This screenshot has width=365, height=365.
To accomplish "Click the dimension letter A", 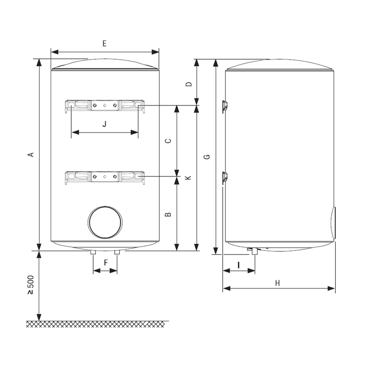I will (x=30, y=155).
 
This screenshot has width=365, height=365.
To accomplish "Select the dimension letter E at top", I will (x=104, y=43).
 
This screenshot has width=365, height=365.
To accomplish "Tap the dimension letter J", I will (x=104, y=124).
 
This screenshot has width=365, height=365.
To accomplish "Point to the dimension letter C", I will (x=169, y=140).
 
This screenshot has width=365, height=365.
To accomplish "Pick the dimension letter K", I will (x=188, y=177).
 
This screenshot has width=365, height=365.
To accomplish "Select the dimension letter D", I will (x=188, y=84).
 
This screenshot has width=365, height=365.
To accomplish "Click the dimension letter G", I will (x=207, y=157).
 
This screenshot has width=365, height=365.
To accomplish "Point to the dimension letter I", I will (x=239, y=265).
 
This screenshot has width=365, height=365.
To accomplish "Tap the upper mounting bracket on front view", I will (x=105, y=105).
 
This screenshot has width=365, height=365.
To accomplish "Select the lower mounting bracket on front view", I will (x=105, y=176).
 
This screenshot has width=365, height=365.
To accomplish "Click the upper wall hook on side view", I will (x=225, y=106).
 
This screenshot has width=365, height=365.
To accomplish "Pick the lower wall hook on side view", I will (x=225, y=177).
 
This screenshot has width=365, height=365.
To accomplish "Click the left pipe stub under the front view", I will (x=93, y=253).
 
